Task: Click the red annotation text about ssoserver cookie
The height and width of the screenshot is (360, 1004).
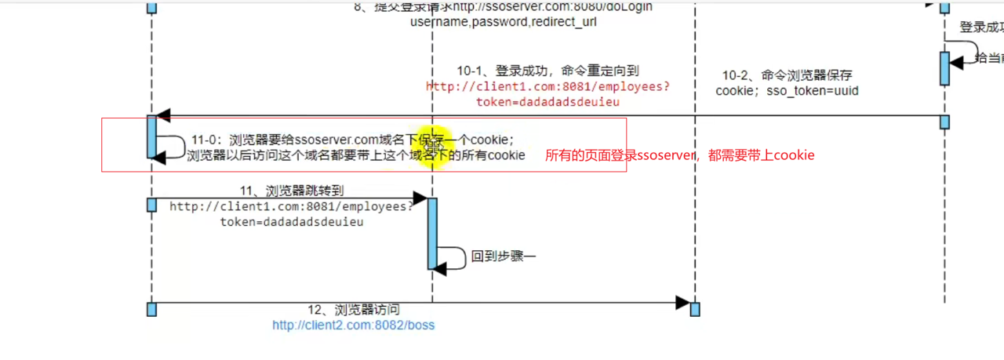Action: point(679,155)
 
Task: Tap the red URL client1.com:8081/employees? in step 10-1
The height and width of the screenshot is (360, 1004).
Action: point(548,86)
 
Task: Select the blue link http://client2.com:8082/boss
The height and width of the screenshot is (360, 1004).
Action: point(353,325)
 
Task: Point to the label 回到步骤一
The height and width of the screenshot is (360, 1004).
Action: point(504,256)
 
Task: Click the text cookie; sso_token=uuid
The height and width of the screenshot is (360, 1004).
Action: point(787,91)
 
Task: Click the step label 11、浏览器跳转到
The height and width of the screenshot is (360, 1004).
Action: point(292,191)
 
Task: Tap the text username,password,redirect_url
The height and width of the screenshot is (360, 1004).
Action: point(503,22)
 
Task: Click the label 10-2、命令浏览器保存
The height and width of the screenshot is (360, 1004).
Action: point(787,75)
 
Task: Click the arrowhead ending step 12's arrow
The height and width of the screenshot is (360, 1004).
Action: point(682,303)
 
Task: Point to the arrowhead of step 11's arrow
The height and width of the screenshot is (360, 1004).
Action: point(420,199)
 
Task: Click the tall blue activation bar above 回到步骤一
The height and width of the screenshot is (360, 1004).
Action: point(432,233)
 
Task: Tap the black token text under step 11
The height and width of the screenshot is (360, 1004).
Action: point(292,222)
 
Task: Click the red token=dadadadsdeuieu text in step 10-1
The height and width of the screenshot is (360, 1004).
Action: point(548,102)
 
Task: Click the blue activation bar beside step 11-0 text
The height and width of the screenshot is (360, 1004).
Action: point(151,136)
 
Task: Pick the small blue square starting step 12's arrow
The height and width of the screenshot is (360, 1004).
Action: point(151,308)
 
